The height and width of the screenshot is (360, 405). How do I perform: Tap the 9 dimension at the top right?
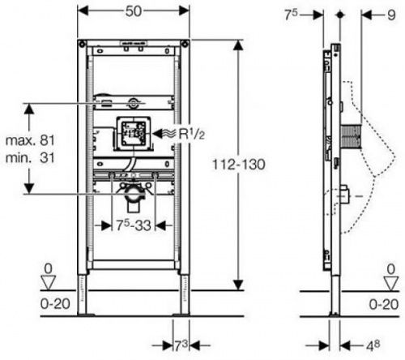pos(368,15)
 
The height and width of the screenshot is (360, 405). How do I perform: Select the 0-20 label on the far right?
pos(382,304)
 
